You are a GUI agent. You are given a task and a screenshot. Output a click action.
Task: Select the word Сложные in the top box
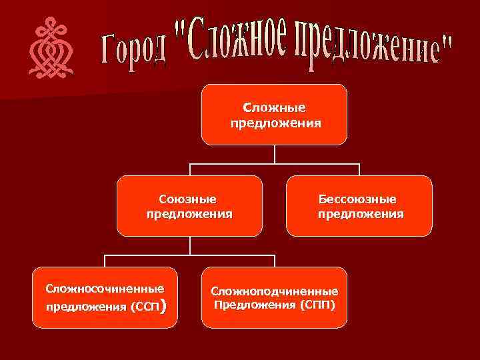coord(275,108)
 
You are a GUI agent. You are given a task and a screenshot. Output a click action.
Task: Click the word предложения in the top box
coord(275,123)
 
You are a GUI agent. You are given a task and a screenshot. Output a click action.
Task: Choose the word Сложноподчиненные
coord(275,292)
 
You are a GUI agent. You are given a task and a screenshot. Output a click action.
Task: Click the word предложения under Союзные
coord(189,214)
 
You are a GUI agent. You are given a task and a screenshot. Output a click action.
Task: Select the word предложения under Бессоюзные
coord(360,214)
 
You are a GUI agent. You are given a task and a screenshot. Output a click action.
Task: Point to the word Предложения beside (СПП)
coord(253,305)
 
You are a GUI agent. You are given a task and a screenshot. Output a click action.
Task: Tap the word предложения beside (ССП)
coord(87,307)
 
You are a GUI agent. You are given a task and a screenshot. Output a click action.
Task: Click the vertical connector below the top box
coord(275,154)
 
